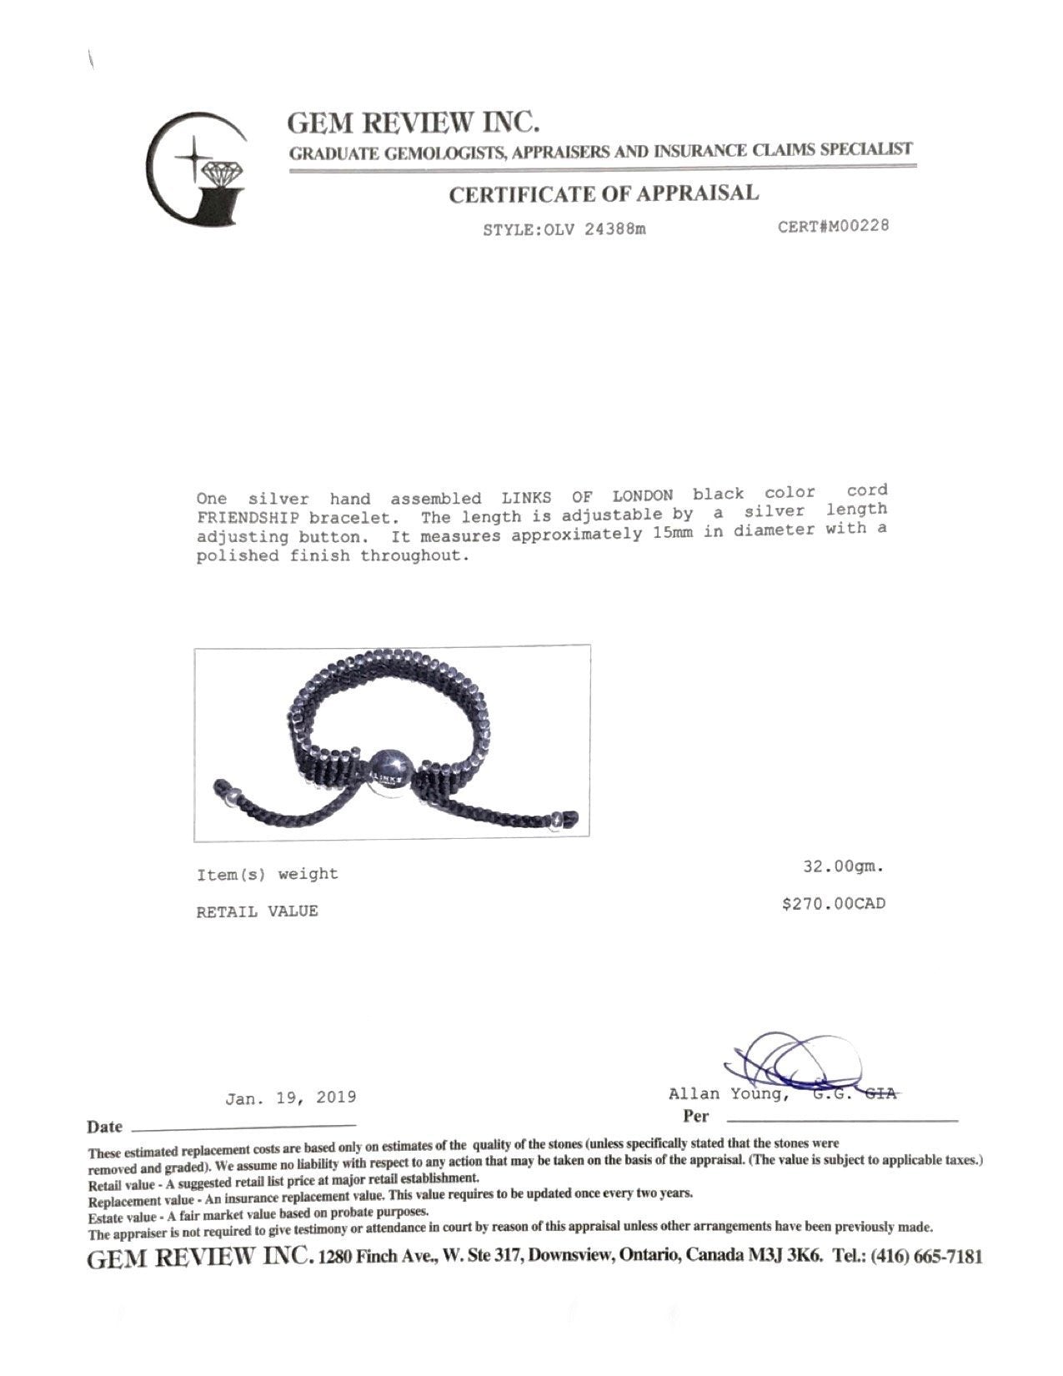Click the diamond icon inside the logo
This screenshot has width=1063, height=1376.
click(221, 173)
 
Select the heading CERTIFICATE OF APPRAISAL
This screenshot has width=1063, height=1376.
click(604, 194)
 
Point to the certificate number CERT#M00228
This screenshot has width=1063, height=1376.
click(833, 226)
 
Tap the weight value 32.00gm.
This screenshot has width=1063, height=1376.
click(842, 866)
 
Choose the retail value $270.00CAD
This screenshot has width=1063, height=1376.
click(833, 903)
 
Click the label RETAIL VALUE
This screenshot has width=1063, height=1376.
click(257, 911)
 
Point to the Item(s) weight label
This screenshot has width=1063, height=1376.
click(267, 875)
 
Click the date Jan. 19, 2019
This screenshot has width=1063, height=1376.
click(290, 1097)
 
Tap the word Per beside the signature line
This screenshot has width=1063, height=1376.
click(694, 1116)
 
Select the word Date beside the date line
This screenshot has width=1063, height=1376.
click(104, 1127)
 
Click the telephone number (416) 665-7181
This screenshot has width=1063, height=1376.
click(926, 1256)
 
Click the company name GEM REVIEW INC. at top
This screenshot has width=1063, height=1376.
click(414, 123)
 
